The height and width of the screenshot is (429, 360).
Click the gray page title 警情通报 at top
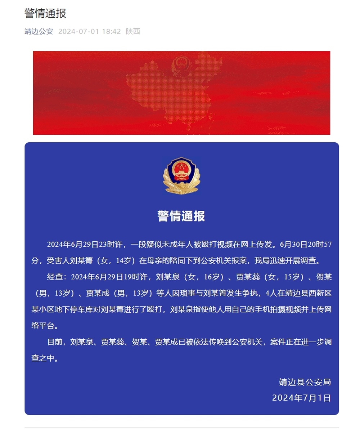pos(45,14)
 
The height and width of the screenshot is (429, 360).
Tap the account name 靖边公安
pos(39,31)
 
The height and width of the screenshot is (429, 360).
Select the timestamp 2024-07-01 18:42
pos(89,31)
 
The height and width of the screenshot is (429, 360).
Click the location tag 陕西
pos(133,31)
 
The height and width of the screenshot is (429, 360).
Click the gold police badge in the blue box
pos(181,175)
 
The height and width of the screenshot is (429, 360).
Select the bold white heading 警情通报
pos(181,216)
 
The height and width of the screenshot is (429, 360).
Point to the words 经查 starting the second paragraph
pos(55,277)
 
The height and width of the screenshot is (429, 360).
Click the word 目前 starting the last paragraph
pos(55,342)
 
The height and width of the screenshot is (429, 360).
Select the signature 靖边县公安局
pos(305,382)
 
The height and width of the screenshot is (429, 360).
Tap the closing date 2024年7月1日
pos(301,398)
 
